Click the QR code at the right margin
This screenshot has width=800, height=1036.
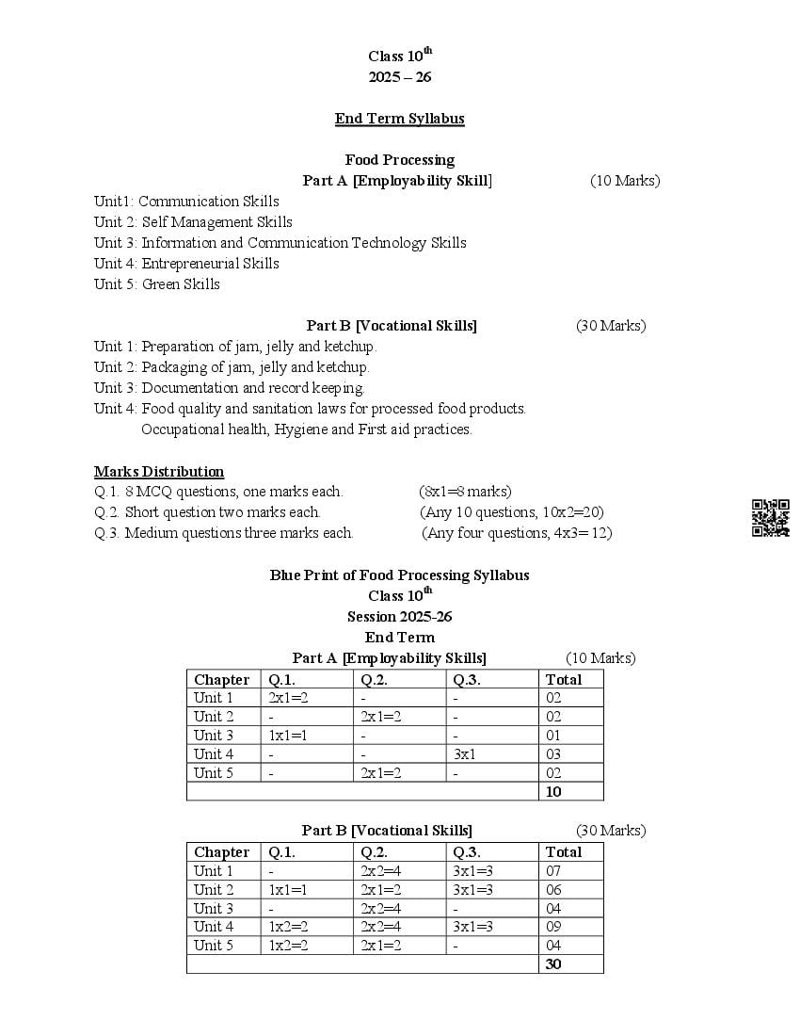pos(770,518)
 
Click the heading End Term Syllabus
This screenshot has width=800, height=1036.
pos(399,119)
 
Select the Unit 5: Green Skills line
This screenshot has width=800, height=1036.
pos(157,284)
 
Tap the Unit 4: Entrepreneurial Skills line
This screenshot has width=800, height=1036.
pos(186,264)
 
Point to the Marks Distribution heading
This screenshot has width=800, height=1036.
pos(159,472)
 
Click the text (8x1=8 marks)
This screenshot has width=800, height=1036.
pos(465,492)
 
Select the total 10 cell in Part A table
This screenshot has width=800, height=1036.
pos(553,792)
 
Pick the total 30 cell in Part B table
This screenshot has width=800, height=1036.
pos(553,964)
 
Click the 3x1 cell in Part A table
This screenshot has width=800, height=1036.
pos(464,754)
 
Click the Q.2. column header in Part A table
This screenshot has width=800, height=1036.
pos(374,680)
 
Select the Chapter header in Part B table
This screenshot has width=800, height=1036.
pos(221,852)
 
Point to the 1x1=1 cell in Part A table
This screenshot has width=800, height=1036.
pos(288,736)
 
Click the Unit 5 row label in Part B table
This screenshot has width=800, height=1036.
pos(214,946)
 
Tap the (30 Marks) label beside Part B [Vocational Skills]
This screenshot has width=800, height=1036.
pos(611,326)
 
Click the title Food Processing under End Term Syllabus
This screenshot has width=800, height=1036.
pos(399,160)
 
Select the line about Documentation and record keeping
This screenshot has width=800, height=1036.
pos(230,388)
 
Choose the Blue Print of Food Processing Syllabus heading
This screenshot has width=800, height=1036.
pos(399,575)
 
